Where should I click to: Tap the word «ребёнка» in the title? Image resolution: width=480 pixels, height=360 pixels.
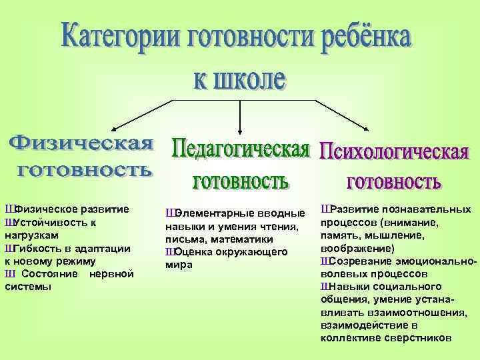coord(361,38)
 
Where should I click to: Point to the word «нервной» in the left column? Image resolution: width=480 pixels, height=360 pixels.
coord(113,274)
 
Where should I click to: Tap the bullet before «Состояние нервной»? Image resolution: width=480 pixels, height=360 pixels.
coord(9,274)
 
